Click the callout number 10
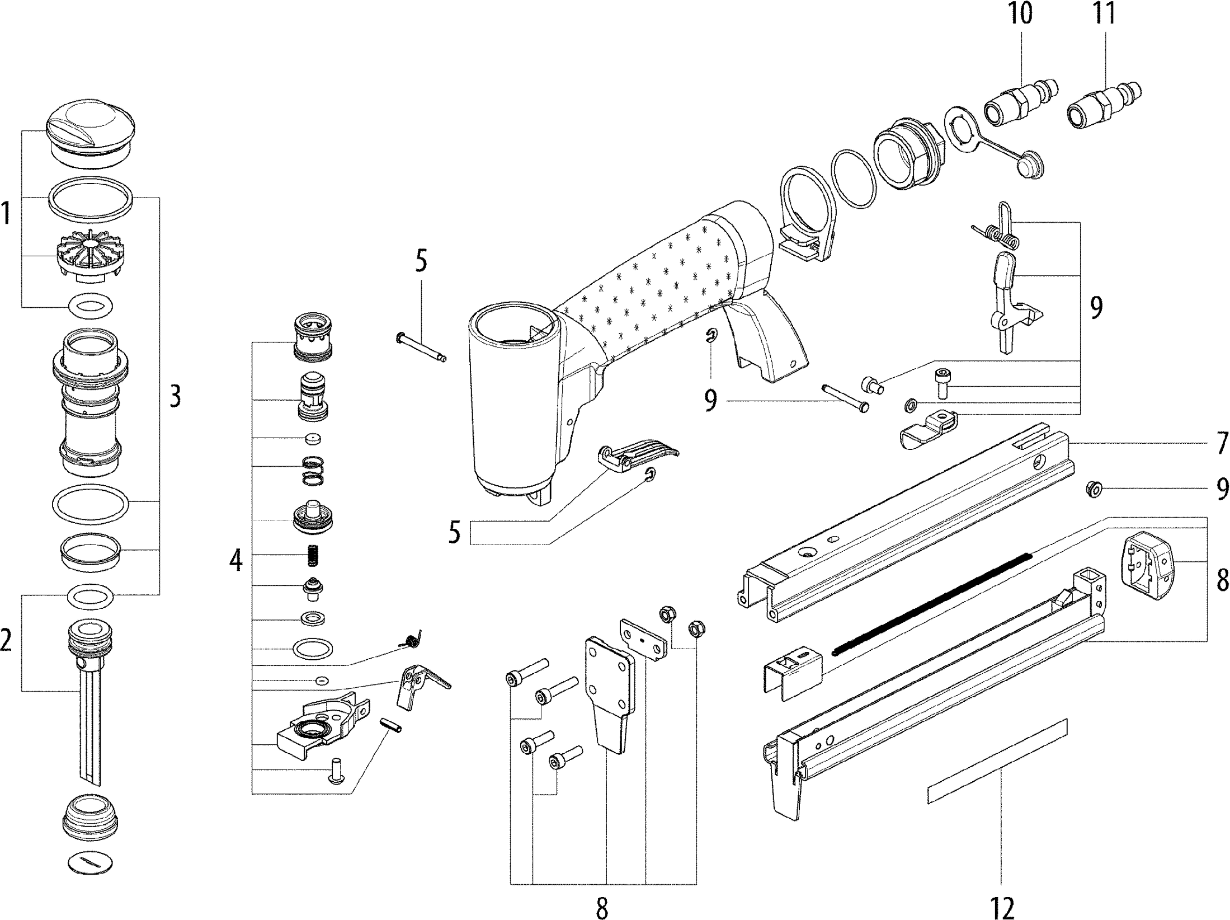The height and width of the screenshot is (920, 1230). tap(1020, 13)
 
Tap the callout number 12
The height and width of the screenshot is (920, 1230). tap(1001, 907)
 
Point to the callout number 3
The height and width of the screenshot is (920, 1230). tap(175, 397)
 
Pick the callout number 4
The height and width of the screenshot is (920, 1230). tap(236, 560)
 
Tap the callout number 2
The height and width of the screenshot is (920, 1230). tap(6, 640)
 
